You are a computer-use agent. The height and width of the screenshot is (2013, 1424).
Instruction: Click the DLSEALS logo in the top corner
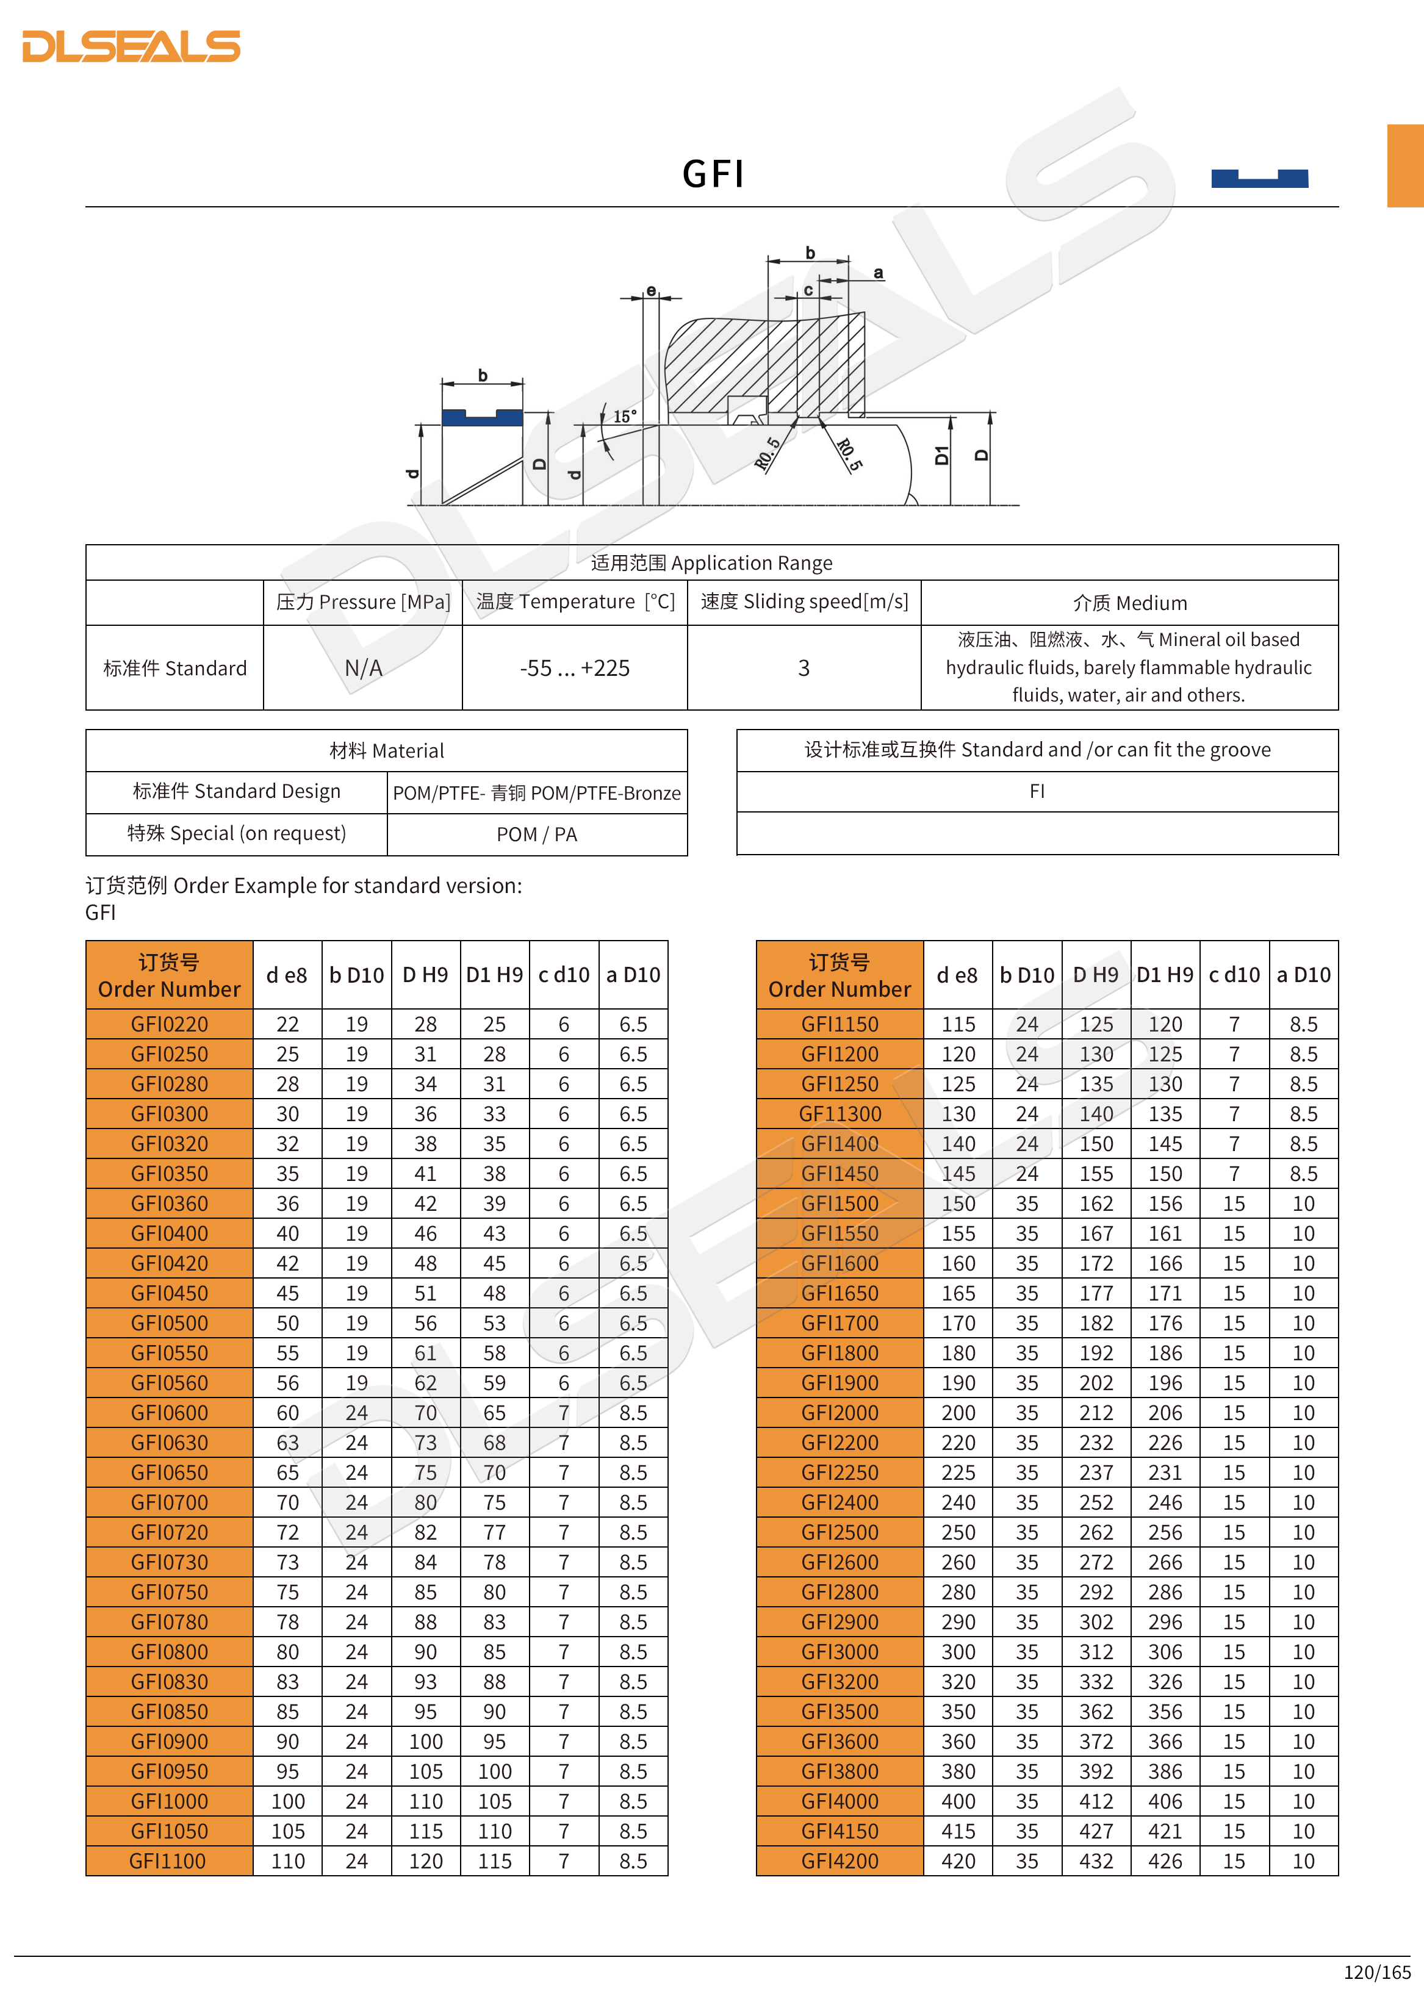pos(132,46)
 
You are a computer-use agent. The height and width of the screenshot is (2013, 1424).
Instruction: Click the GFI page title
pos(713,174)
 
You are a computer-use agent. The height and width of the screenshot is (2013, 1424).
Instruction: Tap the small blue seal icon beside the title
pos(1259,178)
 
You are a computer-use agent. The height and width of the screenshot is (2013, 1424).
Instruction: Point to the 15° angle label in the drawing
pos(624,417)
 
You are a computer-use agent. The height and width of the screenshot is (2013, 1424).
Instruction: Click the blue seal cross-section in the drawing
pos(482,417)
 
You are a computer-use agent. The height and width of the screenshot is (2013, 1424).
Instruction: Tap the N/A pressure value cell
pos(363,668)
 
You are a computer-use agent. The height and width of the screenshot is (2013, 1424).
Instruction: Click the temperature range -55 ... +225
pos(574,668)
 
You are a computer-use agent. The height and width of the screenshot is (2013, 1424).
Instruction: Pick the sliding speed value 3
pos(803,668)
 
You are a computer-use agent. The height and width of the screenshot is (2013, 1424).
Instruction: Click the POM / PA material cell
pos(537,834)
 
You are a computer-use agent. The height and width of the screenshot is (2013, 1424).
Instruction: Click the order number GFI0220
pos(169,1024)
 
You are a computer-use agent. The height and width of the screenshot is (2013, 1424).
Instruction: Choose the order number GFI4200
pos(839,1861)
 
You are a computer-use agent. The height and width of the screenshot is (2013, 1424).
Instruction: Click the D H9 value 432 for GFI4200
pos(1096,1861)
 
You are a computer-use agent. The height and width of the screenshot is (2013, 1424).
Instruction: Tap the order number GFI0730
pos(169,1562)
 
